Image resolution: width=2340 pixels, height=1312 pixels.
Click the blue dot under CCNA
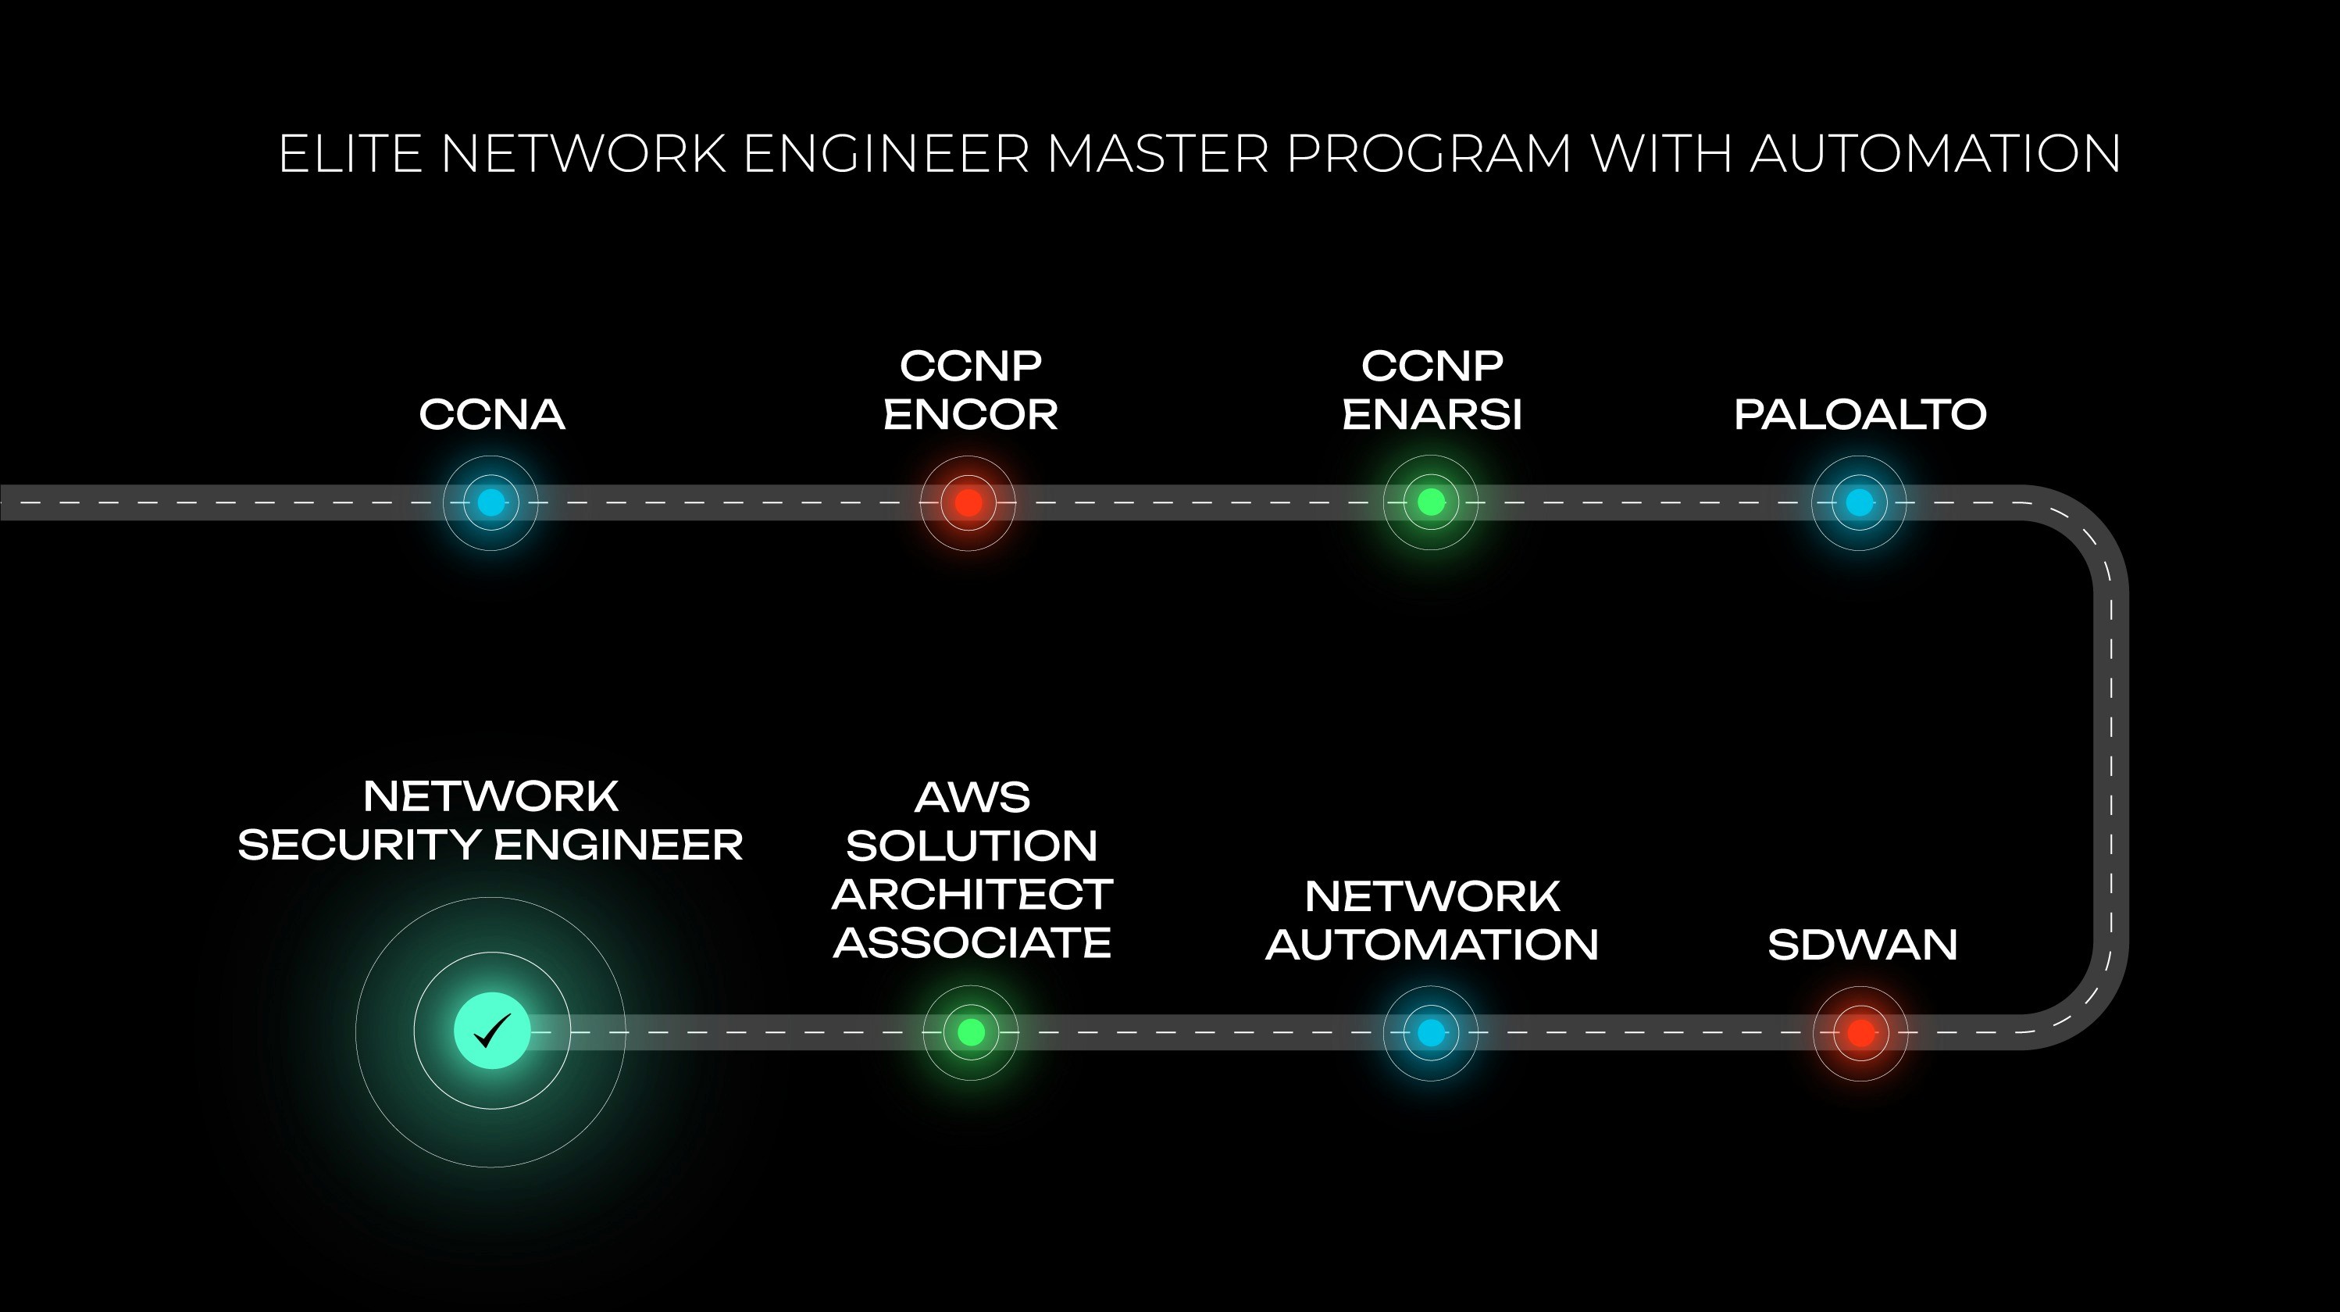490,502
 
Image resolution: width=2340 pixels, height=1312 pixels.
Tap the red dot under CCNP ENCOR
968,502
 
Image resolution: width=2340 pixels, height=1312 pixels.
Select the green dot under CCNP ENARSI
1431,502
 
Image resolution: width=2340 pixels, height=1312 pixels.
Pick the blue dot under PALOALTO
1860,502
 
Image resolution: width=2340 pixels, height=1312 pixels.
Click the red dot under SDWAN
1860,1033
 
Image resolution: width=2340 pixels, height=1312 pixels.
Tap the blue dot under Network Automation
1431,1033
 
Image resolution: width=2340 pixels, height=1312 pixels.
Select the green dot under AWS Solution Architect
971,1032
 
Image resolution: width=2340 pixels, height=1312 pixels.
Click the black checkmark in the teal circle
492,1031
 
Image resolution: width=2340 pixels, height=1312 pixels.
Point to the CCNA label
491,415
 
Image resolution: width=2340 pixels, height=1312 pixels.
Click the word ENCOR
970,415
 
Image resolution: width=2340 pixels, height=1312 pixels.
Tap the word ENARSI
1432,415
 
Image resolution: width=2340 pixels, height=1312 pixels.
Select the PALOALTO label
1860,415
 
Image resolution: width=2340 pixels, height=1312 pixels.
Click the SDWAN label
1862,945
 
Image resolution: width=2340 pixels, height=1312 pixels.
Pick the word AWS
972,799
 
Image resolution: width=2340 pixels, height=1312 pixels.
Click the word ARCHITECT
972,895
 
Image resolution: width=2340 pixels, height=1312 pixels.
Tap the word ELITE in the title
351,154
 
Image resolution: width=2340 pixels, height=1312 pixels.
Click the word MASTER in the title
1158,154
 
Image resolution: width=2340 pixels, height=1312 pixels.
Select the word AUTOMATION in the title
1935,154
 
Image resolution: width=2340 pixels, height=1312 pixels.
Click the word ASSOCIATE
972,943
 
